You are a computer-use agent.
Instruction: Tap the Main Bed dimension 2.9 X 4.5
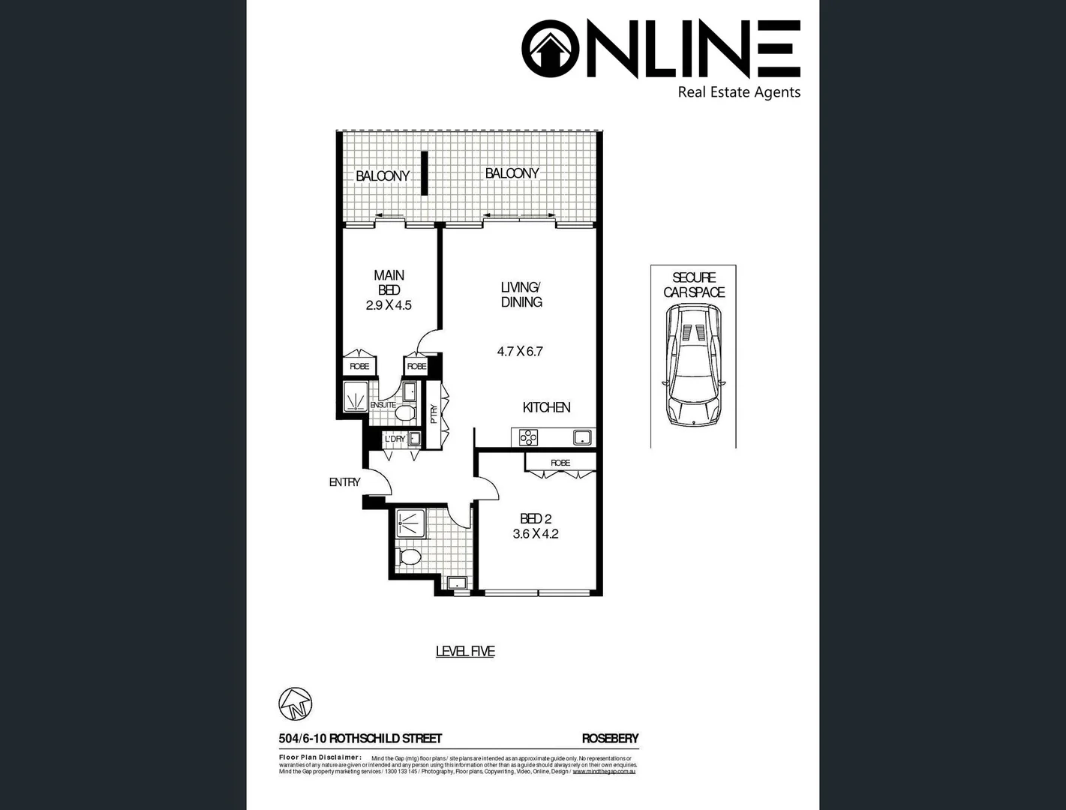pyautogui.click(x=389, y=305)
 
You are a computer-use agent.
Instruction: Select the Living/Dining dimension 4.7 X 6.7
pyautogui.click(x=520, y=351)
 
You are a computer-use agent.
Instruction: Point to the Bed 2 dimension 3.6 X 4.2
pyautogui.click(x=535, y=534)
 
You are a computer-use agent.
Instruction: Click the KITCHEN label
pyautogui.click(x=546, y=407)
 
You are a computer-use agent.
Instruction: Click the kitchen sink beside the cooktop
pyautogui.click(x=582, y=436)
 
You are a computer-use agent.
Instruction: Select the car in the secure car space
pyautogui.click(x=694, y=365)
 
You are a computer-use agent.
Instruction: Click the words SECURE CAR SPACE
pyautogui.click(x=694, y=285)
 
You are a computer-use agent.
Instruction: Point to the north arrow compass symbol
pyautogui.click(x=295, y=703)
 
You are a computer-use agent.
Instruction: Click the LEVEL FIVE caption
pyautogui.click(x=465, y=652)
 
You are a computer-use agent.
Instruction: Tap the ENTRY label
pyautogui.click(x=344, y=482)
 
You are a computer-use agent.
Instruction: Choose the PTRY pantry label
pyautogui.click(x=434, y=415)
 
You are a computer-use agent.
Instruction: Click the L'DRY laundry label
pyautogui.click(x=395, y=439)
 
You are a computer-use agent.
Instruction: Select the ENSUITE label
pyautogui.click(x=383, y=405)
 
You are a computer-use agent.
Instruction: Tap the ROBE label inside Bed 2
pyautogui.click(x=560, y=463)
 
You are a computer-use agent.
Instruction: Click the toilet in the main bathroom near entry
pyautogui.click(x=410, y=557)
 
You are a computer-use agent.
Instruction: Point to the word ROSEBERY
pyautogui.click(x=610, y=738)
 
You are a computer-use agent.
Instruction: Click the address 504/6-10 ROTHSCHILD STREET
pyautogui.click(x=360, y=738)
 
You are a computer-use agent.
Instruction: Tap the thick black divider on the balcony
pyautogui.click(x=424, y=173)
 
